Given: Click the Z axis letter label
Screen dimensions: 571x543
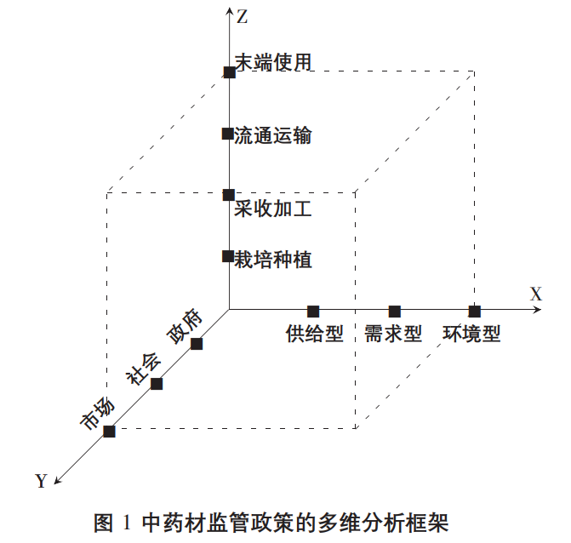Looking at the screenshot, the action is click(x=243, y=17).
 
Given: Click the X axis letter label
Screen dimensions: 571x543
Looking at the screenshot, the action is click(x=535, y=294).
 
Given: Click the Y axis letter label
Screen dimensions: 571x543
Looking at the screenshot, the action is click(x=42, y=481).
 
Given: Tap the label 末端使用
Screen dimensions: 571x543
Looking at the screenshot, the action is click(x=273, y=62).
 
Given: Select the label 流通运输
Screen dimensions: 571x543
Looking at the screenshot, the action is click(x=272, y=135).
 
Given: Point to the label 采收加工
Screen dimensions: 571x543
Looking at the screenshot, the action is click(x=272, y=209).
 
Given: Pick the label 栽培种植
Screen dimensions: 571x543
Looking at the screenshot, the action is click(x=272, y=260).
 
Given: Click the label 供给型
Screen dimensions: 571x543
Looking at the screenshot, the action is click(x=315, y=334).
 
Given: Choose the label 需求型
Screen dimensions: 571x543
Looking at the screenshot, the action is click(x=393, y=334).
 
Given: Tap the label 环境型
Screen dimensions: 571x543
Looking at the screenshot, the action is click(x=471, y=334).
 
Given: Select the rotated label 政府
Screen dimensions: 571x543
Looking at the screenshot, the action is click(x=185, y=326).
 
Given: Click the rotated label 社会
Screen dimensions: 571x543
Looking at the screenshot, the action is click(x=143, y=369).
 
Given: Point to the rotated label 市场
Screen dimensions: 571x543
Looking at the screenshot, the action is click(x=97, y=413).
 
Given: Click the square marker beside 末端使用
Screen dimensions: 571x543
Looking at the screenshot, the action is click(x=230, y=72).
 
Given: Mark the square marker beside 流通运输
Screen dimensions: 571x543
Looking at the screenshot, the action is click(x=228, y=134).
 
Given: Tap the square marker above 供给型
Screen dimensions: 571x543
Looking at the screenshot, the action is click(x=313, y=312).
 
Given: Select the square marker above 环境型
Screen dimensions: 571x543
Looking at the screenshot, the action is click(x=475, y=312).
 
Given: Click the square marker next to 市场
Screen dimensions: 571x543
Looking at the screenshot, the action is click(x=109, y=432).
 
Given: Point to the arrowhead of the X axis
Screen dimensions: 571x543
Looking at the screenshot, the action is click(x=537, y=310).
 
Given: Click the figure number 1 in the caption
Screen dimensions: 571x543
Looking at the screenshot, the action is click(x=126, y=523).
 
